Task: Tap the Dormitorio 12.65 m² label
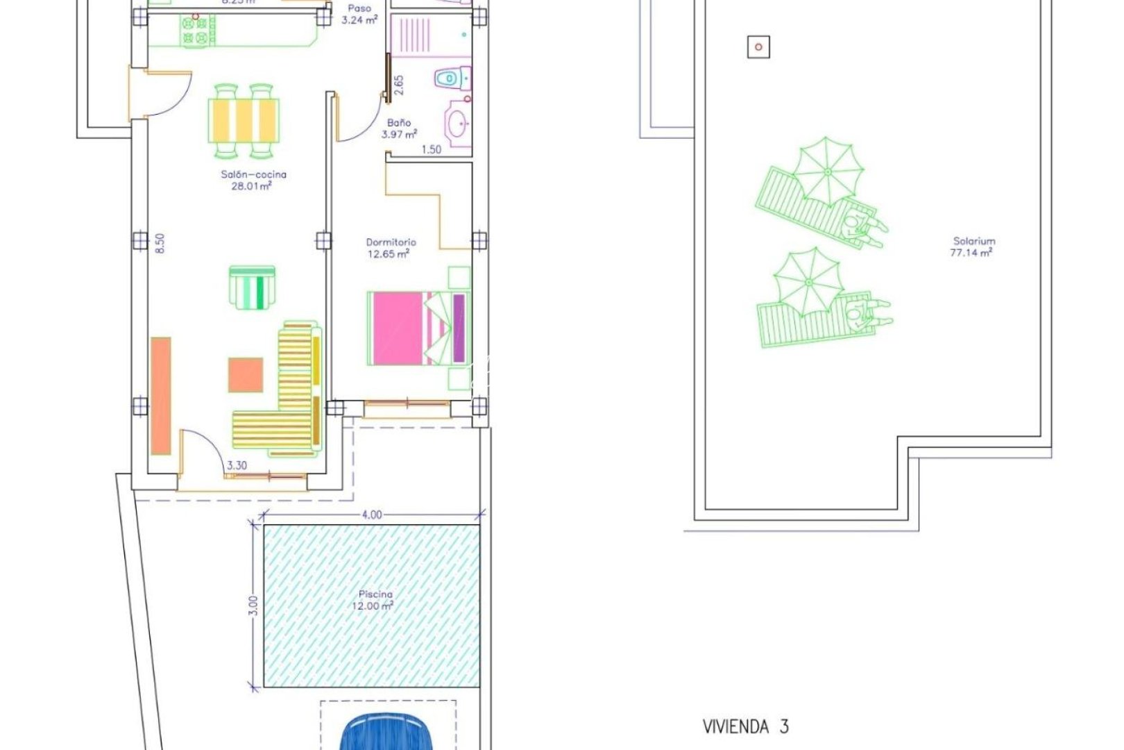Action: [x=391, y=248]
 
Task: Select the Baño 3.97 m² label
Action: [x=399, y=128]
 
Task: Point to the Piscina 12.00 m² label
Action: [x=375, y=599]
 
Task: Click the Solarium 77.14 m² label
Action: [x=973, y=247]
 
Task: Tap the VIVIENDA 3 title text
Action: [x=745, y=727]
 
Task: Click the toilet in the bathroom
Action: [x=452, y=78]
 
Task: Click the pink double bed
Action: [x=416, y=328]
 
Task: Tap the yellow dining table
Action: [x=244, y=120]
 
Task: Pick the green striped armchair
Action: [x=252, y=287]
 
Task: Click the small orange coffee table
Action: [x=246, y=374]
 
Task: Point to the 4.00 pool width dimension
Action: [x=372, y=515]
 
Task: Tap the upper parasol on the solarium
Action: [x=828, y=171]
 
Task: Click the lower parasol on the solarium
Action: [x=809, y=281]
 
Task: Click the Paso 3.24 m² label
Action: [x=359, y=14]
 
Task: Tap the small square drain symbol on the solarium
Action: [x=758, y=47]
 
